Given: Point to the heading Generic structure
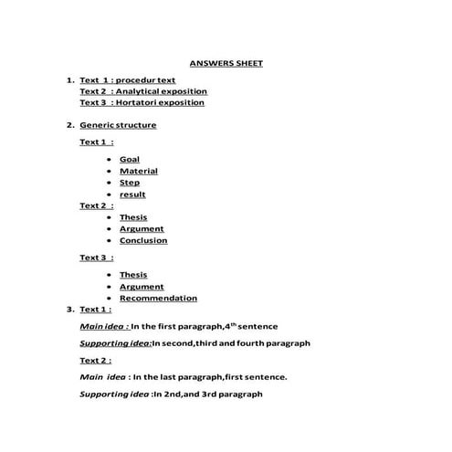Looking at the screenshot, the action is tap(118, 125).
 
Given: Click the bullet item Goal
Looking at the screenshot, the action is tap(129, 160).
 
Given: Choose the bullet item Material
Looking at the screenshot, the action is tap(138, 171).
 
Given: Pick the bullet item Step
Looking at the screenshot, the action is tap(129, 183).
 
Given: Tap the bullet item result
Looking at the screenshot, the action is tap(132, 194).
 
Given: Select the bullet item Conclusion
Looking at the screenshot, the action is tap(143, 241).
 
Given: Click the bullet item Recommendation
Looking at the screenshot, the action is tap(158, 298).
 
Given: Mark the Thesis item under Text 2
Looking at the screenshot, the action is tap(132, 217).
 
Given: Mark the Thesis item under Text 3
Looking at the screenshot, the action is tap(132, 275).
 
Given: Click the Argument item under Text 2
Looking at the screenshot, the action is tap(142, 229).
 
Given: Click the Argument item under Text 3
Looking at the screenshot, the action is tap(142, 287).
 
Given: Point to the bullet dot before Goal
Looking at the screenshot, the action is tap(110, 160).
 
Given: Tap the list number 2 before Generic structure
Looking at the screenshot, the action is tap(69, 125).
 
